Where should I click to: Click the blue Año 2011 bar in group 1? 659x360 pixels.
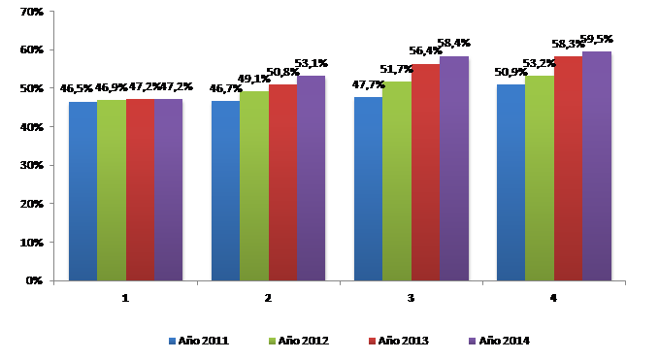point(82,191)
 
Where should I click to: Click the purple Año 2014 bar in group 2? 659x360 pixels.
point(312,179)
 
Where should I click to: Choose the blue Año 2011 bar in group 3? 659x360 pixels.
point(368,189)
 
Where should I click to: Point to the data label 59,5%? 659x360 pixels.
point(597,40)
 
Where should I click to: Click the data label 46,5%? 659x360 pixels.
point(77,87)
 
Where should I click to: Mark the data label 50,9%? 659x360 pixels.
point(511,73)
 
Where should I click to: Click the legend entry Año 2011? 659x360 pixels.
point(199,340)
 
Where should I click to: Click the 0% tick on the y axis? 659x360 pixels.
point(33,281)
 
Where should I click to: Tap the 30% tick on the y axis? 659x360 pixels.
point(30,166)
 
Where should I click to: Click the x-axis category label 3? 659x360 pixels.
point(411,298)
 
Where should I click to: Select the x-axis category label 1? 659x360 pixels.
point(125,298)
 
